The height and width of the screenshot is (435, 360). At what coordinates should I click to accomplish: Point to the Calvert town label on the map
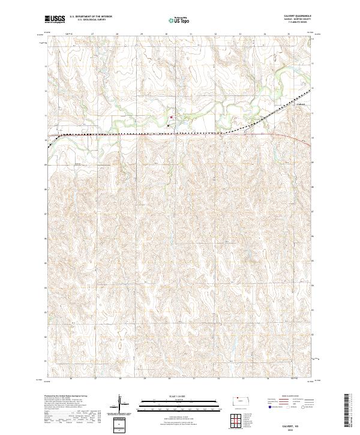tap(301, 103)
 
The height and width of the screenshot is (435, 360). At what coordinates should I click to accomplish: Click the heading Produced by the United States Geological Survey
tap(66, 397)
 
